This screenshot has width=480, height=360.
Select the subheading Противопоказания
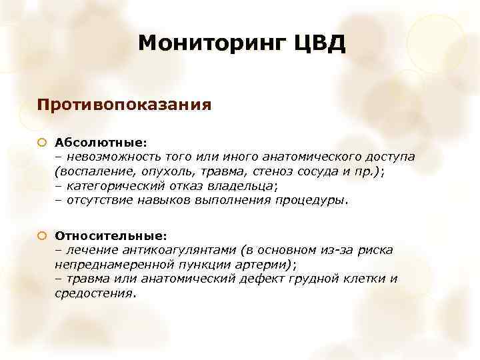click(x=125, y=105)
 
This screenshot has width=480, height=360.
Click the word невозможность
click(x=108, y=157)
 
